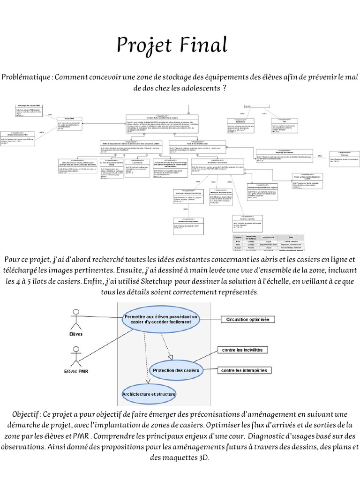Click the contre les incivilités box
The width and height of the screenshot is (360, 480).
pyautogui.click(x=242, y=350)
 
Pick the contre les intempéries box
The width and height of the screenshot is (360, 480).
pyautogui.click(x=245, y=370)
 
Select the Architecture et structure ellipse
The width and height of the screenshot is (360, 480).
pyautogui.click(x=149, y=394)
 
